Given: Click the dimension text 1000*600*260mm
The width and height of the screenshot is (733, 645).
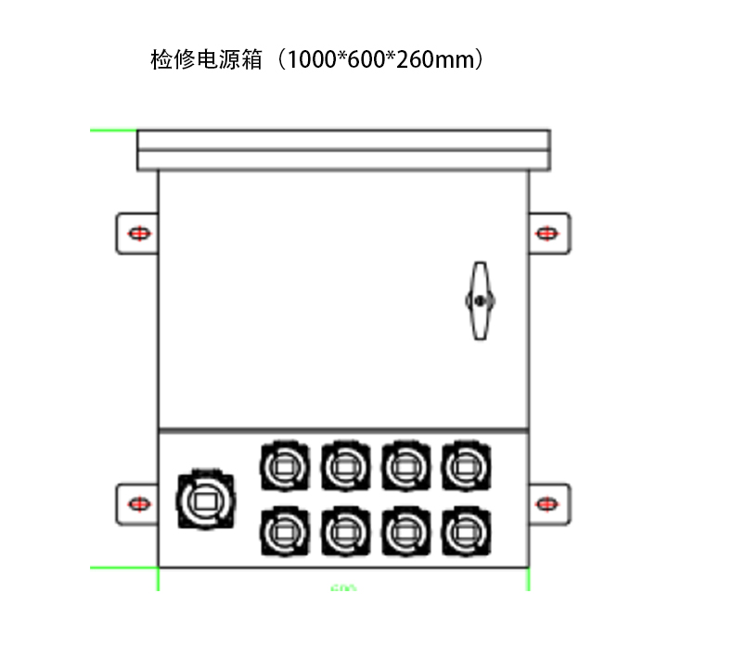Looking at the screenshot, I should tap(384, 60).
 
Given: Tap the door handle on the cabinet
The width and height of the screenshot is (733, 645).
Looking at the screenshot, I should tap(479, 301).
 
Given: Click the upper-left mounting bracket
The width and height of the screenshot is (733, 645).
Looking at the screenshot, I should tap(136, 232).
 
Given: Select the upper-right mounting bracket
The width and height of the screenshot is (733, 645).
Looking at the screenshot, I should tap(549, 232).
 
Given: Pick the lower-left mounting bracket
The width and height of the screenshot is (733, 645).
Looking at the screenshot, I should tap(136, 503).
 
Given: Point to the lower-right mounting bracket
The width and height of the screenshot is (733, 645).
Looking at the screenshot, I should tap(549, 503).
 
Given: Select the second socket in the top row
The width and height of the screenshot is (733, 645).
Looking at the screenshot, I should tap(344, 464).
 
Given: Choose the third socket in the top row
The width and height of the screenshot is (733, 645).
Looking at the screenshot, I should tap(404, 464).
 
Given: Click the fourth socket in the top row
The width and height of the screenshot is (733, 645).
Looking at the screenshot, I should tap(464, 464).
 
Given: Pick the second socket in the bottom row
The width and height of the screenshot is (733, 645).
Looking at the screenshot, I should tap(344, 532).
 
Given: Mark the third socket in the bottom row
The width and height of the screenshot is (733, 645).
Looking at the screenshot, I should tap(404, 532).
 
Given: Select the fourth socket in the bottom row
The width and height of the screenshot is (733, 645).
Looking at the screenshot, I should tap(464, 532).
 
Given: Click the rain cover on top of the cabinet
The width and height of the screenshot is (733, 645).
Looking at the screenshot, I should tap(343, 149).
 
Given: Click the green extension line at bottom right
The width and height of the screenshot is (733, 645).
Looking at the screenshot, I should tap(529, 579).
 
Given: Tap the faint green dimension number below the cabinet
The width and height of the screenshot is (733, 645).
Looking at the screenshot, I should tap(343, 587).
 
